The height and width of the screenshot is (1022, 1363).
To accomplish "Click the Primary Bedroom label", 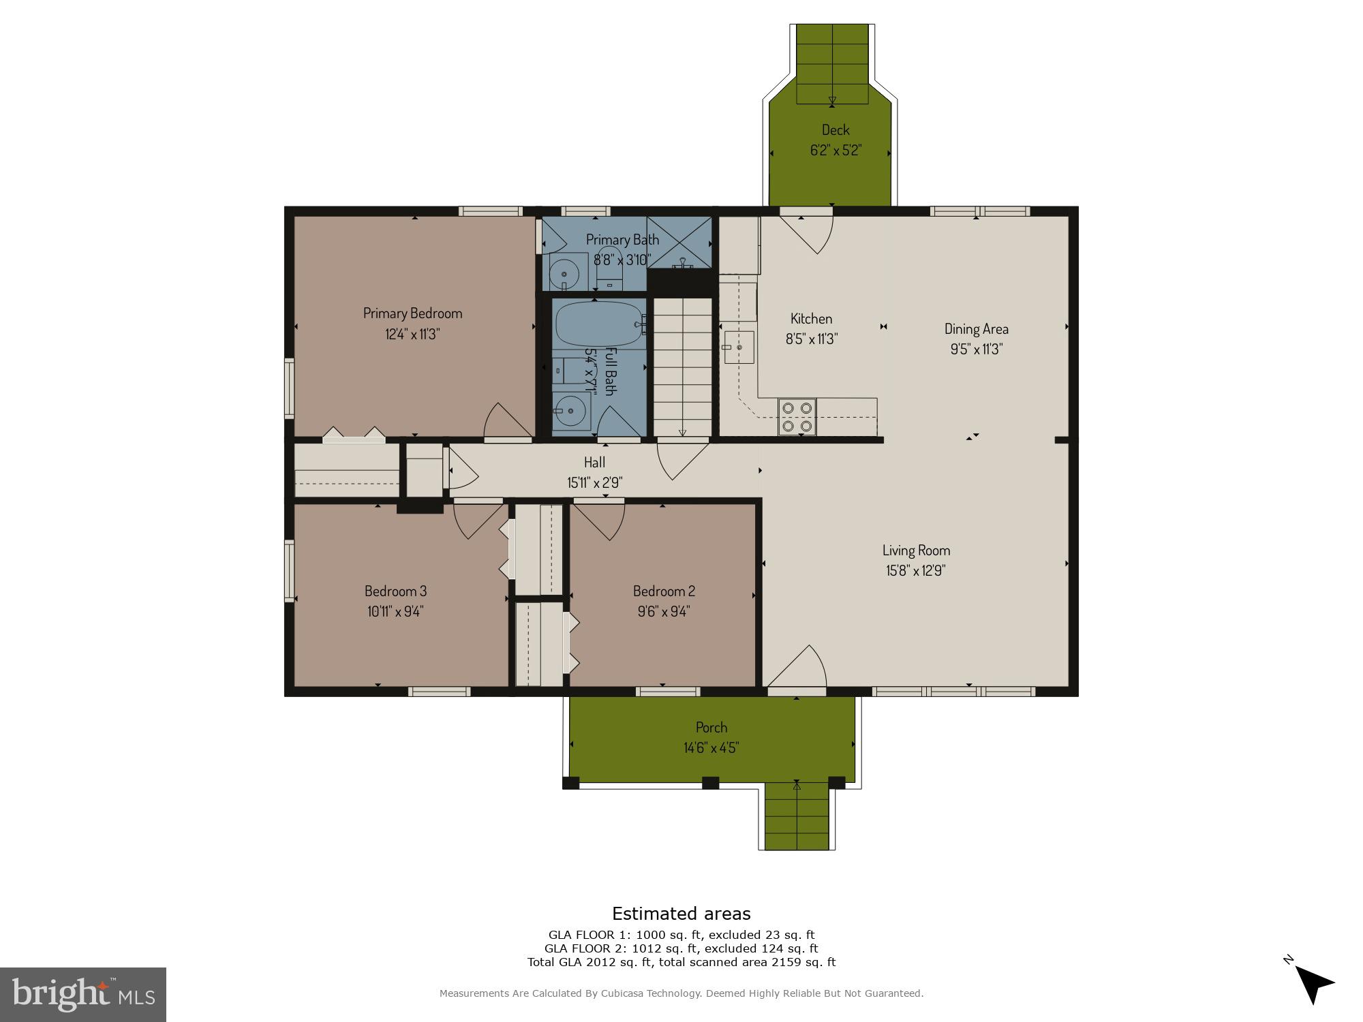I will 412,313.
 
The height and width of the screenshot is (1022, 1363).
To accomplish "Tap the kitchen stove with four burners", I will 797,417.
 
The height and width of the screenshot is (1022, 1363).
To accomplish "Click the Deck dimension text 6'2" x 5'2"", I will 836,151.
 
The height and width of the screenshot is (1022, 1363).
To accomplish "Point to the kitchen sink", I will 739,347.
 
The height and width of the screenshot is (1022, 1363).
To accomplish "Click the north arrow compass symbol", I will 1313,983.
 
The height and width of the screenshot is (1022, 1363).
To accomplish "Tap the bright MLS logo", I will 82,994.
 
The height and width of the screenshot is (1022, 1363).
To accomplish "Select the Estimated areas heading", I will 681,914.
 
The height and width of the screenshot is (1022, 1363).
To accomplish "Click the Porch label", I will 711,728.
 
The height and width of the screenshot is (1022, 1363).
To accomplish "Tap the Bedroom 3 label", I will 395,591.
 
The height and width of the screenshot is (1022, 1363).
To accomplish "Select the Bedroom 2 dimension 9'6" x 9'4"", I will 664,612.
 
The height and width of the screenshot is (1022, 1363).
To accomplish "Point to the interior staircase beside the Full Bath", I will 682,368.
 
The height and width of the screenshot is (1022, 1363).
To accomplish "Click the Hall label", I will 594,463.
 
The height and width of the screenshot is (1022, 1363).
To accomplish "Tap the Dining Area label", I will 976,329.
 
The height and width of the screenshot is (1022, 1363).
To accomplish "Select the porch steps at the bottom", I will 797,816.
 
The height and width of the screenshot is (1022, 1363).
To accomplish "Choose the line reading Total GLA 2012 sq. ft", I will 681,962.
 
